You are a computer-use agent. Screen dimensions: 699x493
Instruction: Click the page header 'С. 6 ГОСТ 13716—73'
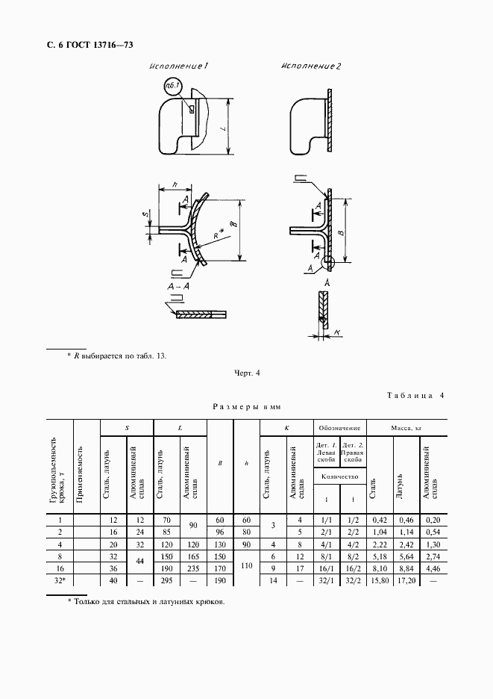[x=90, y=46]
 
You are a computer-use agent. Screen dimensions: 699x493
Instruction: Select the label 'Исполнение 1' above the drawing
[x=178, y=67]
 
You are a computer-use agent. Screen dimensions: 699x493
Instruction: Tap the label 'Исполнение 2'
[x=311, y=67]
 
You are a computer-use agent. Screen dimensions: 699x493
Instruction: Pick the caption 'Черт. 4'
[x=247, y=372]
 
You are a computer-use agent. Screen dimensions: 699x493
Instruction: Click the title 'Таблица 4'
[x=415, y=396]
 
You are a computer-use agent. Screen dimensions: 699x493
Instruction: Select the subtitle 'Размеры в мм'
[x=246, y=408]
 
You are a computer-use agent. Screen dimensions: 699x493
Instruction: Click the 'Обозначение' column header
[x=339, y=428]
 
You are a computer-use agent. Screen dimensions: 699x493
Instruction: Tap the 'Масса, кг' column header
[x=406, y=428]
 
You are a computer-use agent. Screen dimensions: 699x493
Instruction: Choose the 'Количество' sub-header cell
[x=339, y=476]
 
